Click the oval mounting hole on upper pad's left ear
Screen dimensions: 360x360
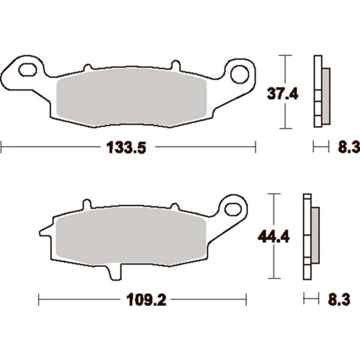tap(26, 70)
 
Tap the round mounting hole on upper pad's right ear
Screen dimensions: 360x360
tap(240, 74)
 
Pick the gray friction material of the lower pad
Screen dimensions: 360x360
tap(130, 236)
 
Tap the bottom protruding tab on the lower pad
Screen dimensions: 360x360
tap(113, 271)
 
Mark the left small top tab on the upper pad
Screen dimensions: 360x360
tap(88, 68)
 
